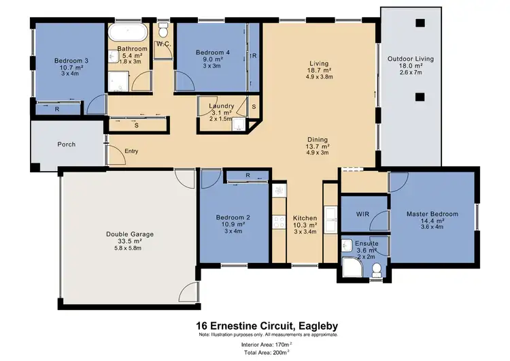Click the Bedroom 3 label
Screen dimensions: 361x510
click(69, 59)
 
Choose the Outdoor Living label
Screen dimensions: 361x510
click(410, 59)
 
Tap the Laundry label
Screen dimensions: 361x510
click(222, 106)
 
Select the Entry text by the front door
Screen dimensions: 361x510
click(131, 151)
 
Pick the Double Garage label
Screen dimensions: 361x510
click(129, 234)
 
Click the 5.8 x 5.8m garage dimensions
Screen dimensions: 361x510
click(129, 248)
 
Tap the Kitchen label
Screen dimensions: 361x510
click(305, 217)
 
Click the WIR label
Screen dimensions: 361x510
click(362, 214)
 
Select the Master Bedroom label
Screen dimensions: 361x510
click(432, 214)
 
